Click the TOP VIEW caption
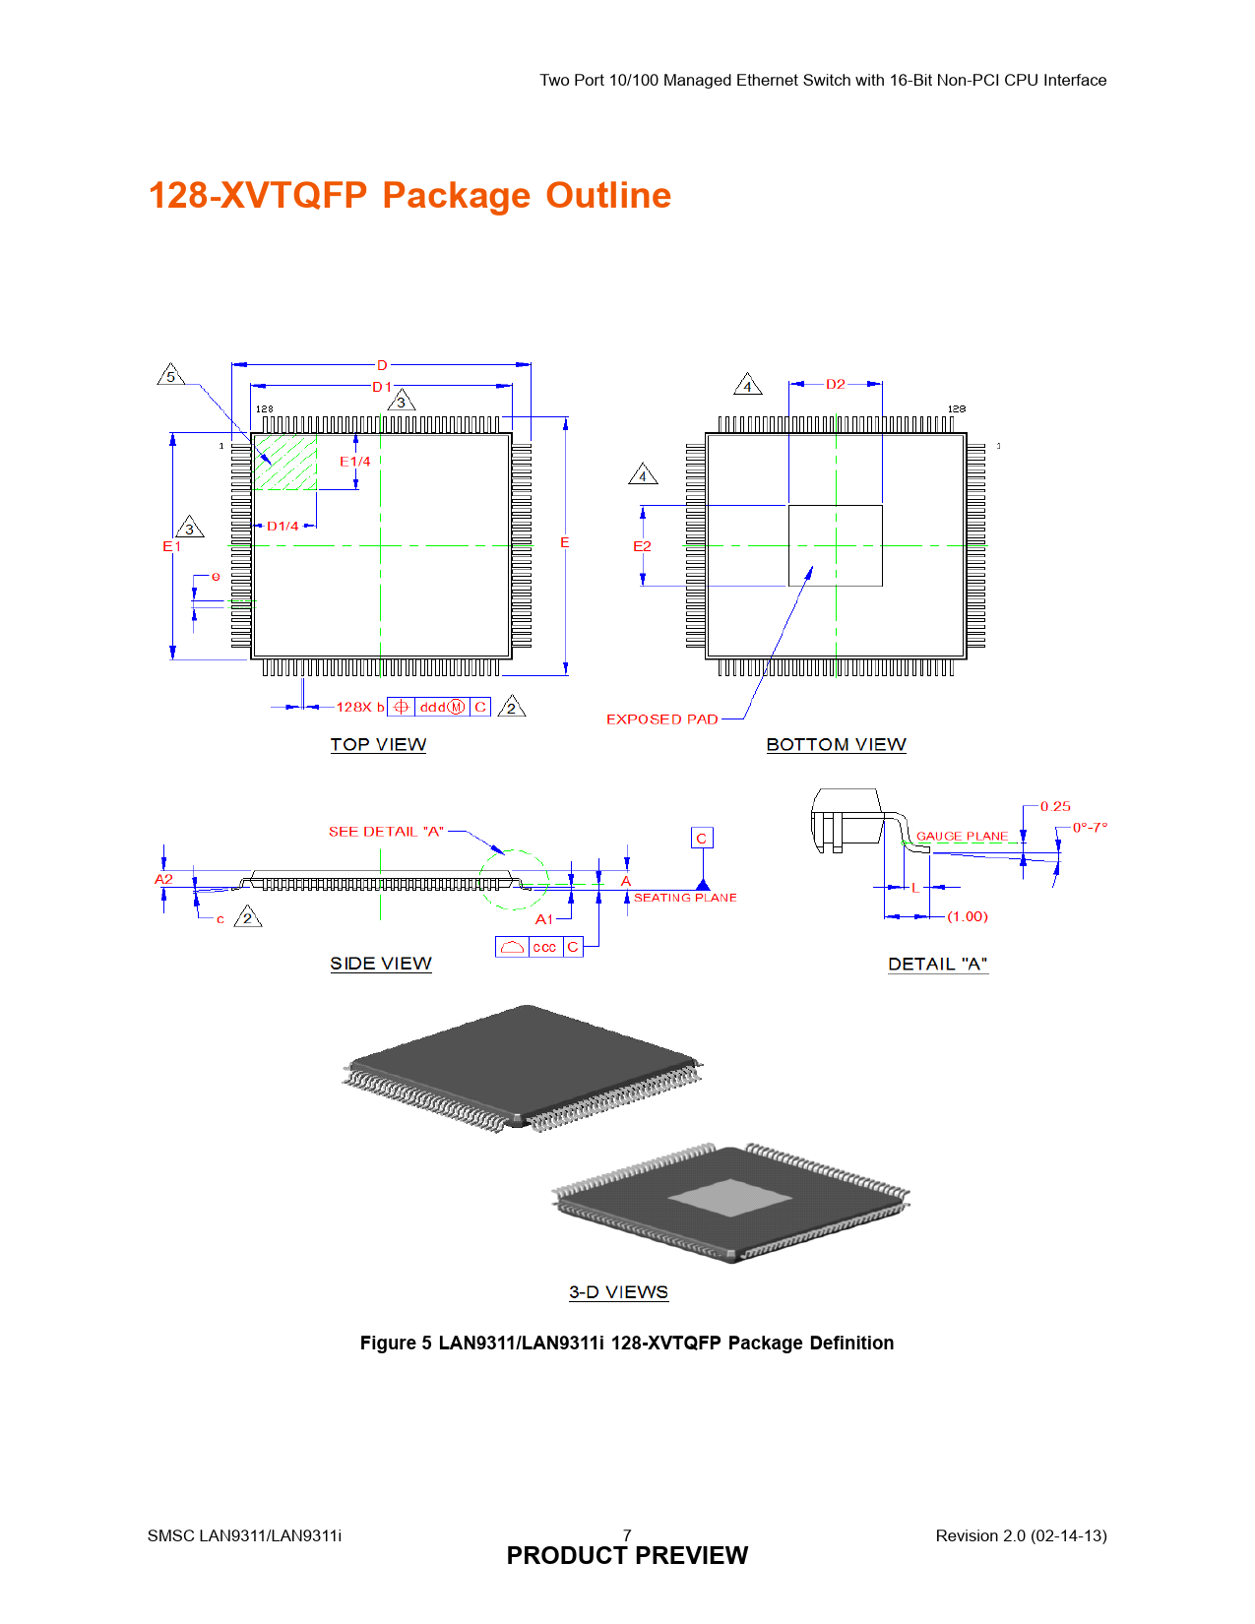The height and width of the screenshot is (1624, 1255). [378, 744]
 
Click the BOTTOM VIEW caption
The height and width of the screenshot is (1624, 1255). [836, 744]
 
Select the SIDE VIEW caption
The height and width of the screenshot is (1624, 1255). [381, 964]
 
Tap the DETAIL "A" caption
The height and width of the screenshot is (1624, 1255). [937, 965]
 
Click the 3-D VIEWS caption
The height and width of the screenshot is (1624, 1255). [618, 1292]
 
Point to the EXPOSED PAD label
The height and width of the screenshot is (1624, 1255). [661, 718]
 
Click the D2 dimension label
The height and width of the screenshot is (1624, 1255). [835, 384]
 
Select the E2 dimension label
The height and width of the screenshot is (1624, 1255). [642, 546]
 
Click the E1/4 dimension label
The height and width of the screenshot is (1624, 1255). [355, 462]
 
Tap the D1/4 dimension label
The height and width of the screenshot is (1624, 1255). [282, 527]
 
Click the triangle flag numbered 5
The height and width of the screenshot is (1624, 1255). [171, 374]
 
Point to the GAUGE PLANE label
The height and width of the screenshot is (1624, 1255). [962, 836]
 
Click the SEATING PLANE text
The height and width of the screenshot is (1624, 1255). [685, 898]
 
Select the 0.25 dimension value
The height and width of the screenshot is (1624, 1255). [1054, 806]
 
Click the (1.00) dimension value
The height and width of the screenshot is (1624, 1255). [968, 916]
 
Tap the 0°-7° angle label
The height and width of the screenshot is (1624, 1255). [1090, 828]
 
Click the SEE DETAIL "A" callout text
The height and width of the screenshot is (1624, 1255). [386, 831]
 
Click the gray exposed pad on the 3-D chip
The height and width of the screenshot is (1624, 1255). [729, 1197]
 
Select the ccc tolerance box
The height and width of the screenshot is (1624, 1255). [544, 947]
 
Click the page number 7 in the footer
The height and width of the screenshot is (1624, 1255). [627, 1535]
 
